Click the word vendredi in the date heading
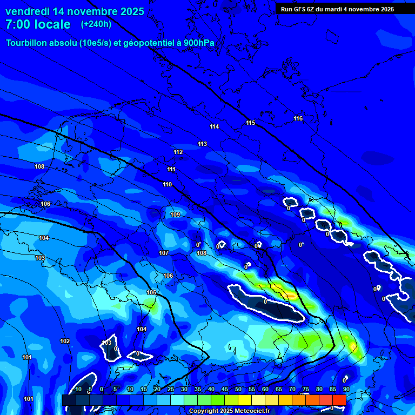pos(28,11)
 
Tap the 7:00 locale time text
pos(38,24)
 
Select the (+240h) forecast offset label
pos(96,24)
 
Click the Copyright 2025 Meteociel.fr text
pos(229,411)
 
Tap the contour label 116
pos(298,118)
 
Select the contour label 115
pos(251,123)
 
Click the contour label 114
pos(215,127)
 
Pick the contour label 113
pos(203,144)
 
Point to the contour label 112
pos(178,152)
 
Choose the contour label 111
pos(171,169)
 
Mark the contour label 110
pos(168,184)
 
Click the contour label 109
pos(175,215)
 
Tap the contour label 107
pos(164,253)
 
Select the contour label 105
pos(151,292)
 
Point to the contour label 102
pos(65,341)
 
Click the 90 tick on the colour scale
pos(346,390)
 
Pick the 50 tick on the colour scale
pos(238,390)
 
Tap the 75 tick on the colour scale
pos(306,390)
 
